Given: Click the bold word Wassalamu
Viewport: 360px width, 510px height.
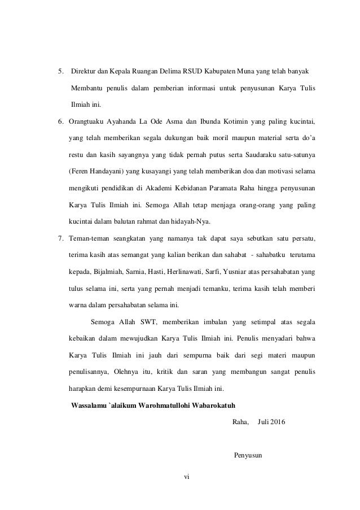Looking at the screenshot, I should pyautogui.click(x=86, y=405).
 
